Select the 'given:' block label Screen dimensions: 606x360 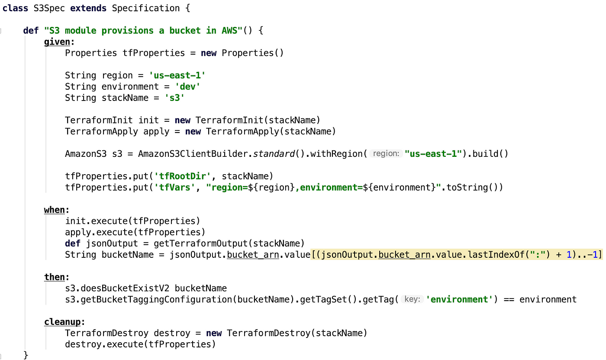pos(59,42)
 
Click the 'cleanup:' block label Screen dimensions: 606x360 pos(64,322)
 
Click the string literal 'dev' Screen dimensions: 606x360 pos(187,87)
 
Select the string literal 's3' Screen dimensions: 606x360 pos(174,98)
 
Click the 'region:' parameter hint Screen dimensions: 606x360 pos(386,154)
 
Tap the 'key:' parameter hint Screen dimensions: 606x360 pos(412,299)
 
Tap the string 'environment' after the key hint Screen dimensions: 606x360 pos(460,300)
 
